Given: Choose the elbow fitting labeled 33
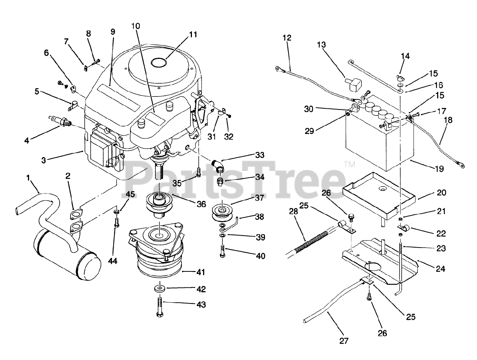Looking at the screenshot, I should click(x=219, y=165).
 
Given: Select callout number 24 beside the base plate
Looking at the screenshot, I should click(x=440, y=268).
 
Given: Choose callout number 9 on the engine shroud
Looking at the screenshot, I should click(x=113, y=32).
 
